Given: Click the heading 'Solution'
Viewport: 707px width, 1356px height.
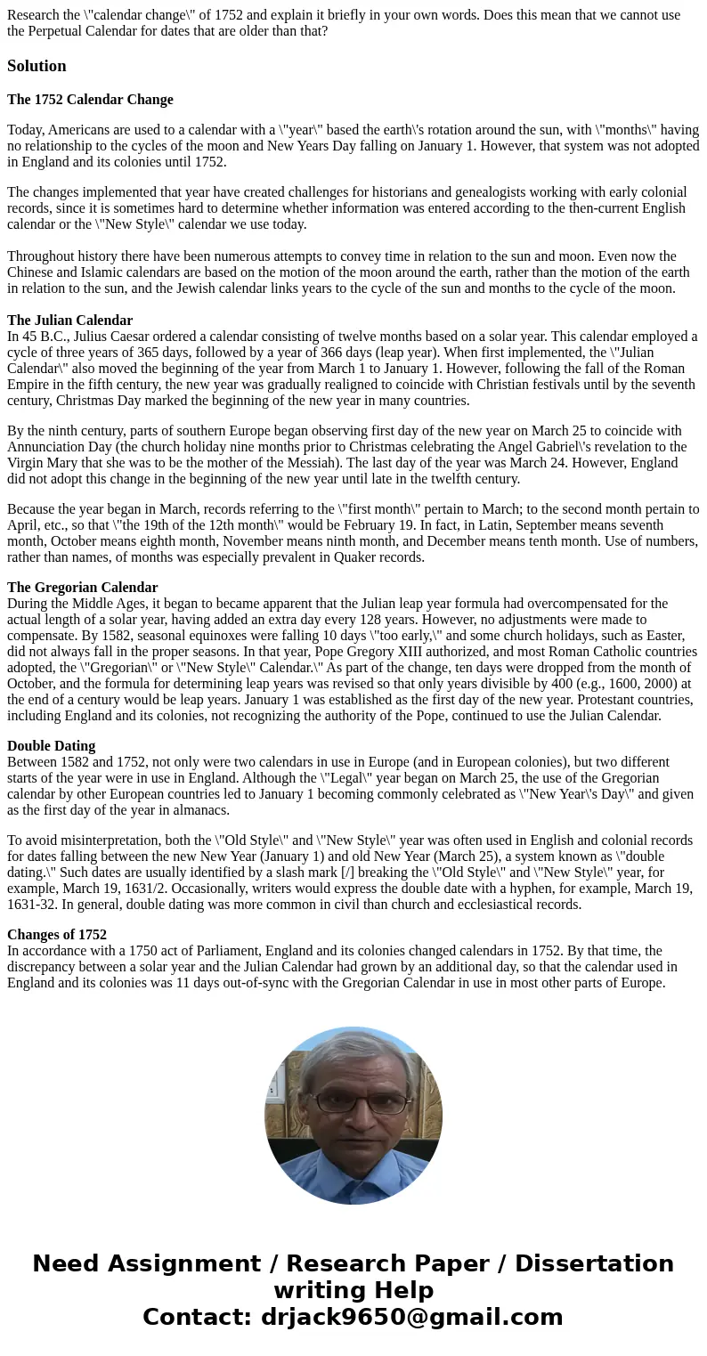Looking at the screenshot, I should coord(37,66).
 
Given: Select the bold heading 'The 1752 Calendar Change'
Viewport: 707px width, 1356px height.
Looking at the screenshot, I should coord(90,100).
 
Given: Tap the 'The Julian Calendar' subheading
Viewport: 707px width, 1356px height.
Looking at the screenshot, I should coord(69,321).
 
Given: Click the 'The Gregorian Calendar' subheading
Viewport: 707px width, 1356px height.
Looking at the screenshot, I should coord(82,588).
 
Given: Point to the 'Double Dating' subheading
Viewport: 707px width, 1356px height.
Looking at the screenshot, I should coord(51,746).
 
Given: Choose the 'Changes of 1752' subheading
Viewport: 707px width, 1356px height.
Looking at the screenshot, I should coord(56,935).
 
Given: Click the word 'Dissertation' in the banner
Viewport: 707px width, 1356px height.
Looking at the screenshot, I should coord(594,1263).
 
